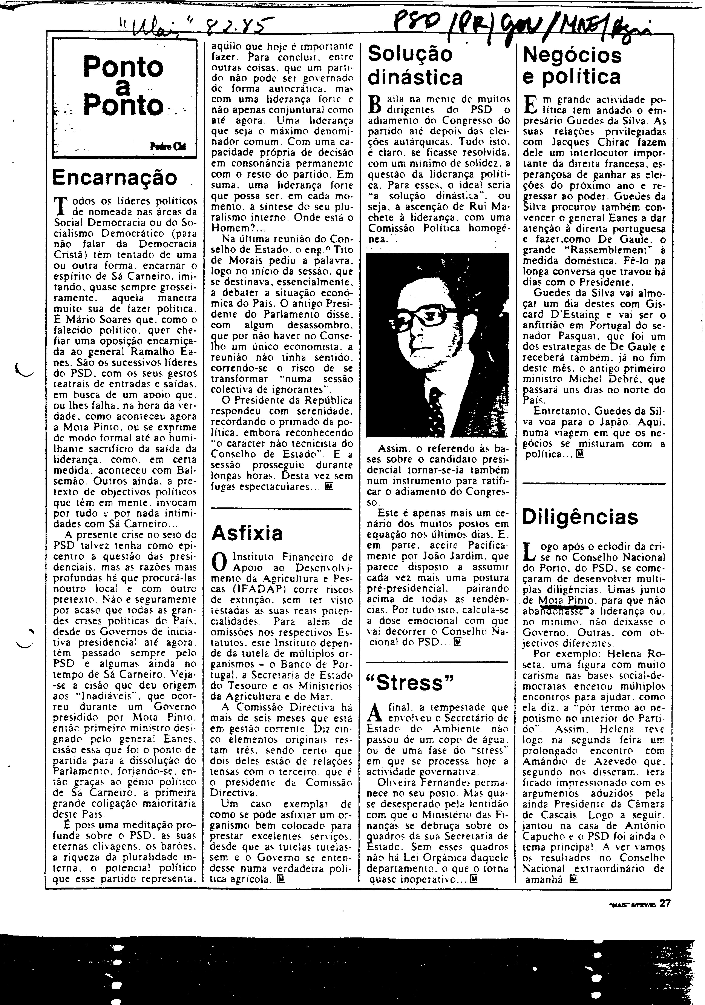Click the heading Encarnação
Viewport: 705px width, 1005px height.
(x=115, y=177)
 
